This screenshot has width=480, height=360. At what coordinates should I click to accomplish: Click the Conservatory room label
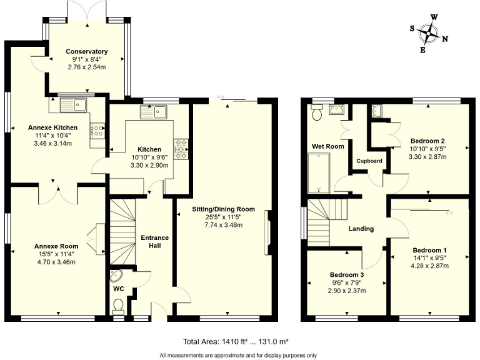coord(87,52)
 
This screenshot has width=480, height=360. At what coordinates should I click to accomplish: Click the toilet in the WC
coord(118,305)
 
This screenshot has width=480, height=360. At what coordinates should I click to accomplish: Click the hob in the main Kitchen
coord(181,149)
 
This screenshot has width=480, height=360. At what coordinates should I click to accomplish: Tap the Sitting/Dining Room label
coord(223,209)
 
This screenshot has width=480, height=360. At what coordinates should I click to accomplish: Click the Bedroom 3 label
coord(346,275)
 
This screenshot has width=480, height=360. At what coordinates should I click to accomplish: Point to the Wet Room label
coord(328,147)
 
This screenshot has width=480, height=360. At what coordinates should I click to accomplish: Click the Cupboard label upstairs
coord(369,161)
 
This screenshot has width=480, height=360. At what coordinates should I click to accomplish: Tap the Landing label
coord(361,229)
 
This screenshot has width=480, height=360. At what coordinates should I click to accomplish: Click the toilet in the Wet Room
coord(316,113)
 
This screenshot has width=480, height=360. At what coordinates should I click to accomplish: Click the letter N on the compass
coord(445,39)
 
